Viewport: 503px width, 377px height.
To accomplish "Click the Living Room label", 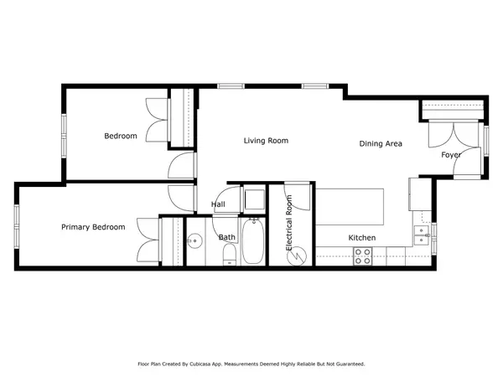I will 266,141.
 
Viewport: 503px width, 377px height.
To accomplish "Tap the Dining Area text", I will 381,144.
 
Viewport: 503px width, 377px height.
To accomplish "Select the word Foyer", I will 451,155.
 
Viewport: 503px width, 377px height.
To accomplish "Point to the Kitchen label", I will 362,238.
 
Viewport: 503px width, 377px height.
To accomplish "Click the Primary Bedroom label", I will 93,227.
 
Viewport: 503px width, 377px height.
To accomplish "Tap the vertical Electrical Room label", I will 290,224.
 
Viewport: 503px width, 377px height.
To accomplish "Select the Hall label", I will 218,204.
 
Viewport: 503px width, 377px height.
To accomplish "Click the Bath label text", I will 227,237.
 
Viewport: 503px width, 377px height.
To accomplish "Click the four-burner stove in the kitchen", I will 363,256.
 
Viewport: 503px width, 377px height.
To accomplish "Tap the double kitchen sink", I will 423,232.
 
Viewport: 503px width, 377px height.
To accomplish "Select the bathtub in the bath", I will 252,241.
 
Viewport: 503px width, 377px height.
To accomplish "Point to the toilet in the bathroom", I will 230,259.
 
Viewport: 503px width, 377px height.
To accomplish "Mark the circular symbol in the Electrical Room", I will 293,257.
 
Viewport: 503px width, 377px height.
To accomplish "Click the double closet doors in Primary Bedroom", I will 148,241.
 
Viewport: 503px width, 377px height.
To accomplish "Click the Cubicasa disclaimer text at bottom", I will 251,364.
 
